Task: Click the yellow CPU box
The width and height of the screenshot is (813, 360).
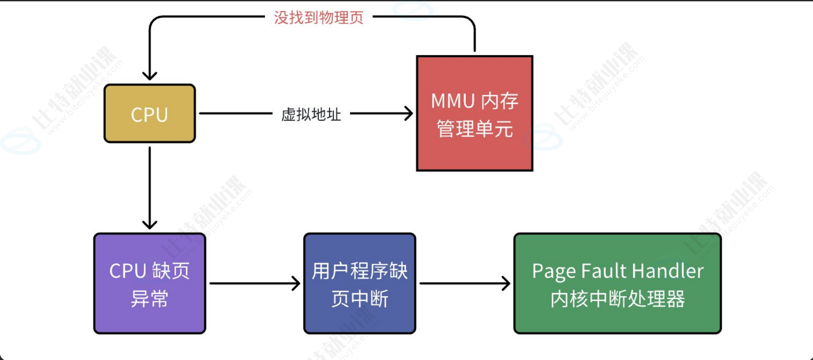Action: click(x=150, y=114)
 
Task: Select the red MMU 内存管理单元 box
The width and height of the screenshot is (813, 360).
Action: click(x=475, y=113)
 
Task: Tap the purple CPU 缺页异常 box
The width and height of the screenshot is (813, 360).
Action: click(x=150, y=283)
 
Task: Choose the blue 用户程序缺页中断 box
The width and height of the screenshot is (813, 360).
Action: click(x=359, y=283)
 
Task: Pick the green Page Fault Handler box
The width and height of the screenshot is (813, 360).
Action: click(x=617, y=283)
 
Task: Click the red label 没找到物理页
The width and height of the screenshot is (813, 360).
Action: click(x=319, y=17)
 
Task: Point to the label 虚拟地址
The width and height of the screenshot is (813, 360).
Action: click(x=311, y=114)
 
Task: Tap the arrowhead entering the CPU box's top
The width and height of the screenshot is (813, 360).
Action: click(x=150, y=76)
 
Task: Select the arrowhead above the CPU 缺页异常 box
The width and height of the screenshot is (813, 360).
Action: click(x=150, y=225)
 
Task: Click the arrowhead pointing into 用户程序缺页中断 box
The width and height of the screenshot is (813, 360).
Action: click(x=297, y=283)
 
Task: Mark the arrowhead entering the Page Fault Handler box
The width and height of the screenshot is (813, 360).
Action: click(x=506, y=283)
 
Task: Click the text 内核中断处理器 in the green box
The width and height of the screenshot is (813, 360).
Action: click(x=617, y=299)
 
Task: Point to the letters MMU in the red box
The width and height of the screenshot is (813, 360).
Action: click(x=453, y=101)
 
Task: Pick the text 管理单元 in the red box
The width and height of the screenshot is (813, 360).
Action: click(x=475, y=129)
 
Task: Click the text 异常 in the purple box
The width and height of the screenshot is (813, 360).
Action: click(x=150, y=299)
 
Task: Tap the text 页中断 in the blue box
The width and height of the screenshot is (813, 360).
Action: click(x=359, y=299)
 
